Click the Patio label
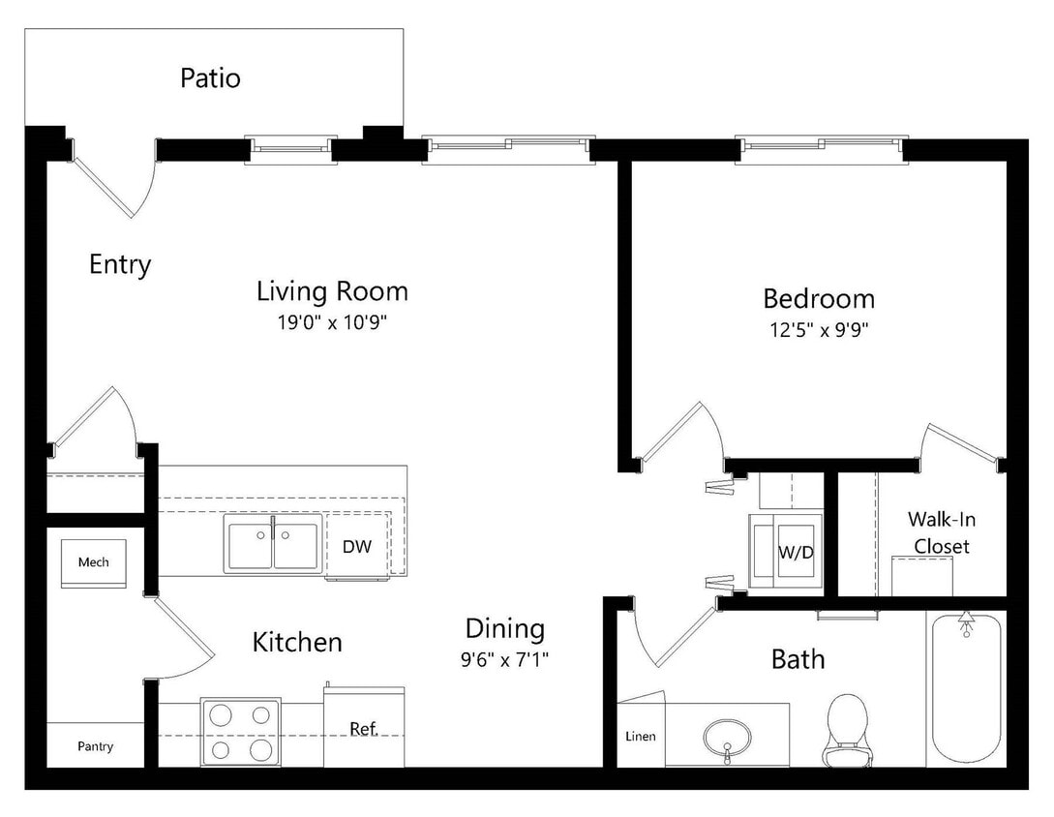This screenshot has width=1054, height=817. point(210,77)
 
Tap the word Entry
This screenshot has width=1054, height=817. point(120,263)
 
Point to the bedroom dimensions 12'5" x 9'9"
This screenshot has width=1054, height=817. point(818,329)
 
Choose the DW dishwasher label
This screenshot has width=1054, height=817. point(357,546)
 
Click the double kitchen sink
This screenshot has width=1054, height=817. point(273,543)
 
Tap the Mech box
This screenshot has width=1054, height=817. point(94,562)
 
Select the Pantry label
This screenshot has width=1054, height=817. point(95,746)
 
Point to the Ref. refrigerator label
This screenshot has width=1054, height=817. point(363,729)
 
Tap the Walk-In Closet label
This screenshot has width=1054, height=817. point(941,531)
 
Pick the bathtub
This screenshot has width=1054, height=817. point(965,687)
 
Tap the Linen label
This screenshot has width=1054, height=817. point(639,737)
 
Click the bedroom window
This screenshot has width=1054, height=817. point(824,147)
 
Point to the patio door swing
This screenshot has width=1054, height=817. point(116,181)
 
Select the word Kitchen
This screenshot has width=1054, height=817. point(297,642)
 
